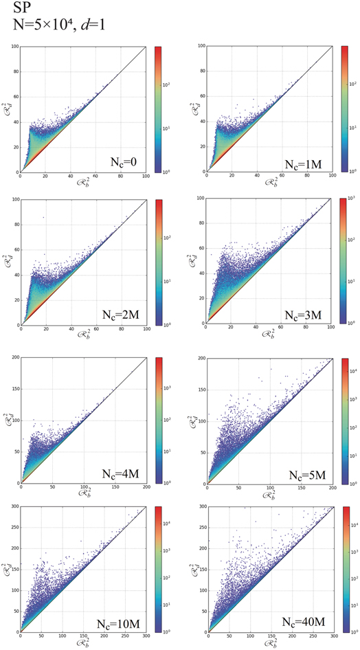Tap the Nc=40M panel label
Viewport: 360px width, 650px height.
303,626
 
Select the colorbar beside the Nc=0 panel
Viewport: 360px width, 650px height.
159,109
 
